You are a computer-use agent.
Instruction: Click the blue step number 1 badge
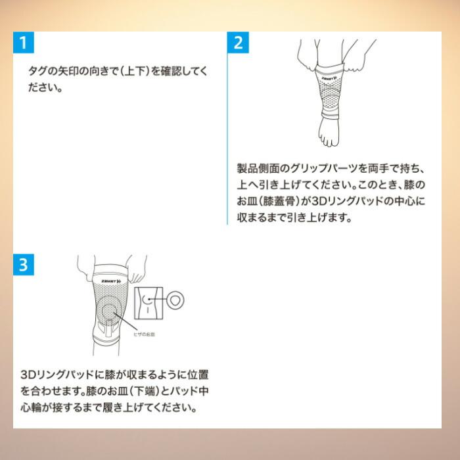click(23, 44)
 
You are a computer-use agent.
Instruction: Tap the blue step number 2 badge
click(239, 44)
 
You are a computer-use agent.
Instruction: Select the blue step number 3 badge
click(23, 265)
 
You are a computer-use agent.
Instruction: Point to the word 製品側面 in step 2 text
click(258, 168)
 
